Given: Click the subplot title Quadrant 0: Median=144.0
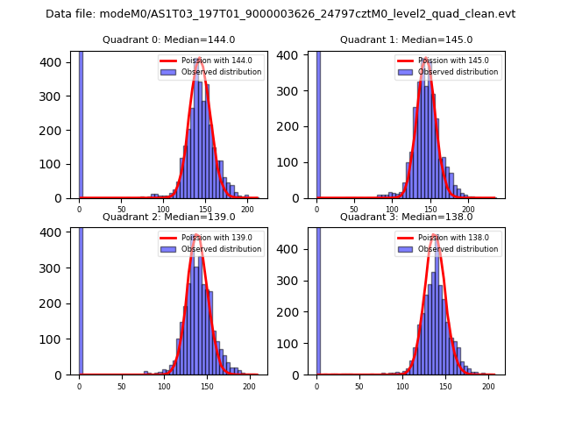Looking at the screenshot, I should pos(168,39).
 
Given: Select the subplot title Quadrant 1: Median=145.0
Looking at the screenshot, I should pos(406,39).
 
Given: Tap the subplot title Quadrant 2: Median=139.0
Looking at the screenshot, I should pos(168,217).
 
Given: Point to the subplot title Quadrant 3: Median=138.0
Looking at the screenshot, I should pos(406,217).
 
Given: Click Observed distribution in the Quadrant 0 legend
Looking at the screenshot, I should pos(221,72).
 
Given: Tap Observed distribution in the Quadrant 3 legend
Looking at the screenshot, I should pos(458,249).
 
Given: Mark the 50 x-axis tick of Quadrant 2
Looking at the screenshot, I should pos(121,386).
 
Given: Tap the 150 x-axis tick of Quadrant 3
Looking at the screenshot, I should pos(444,386).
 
